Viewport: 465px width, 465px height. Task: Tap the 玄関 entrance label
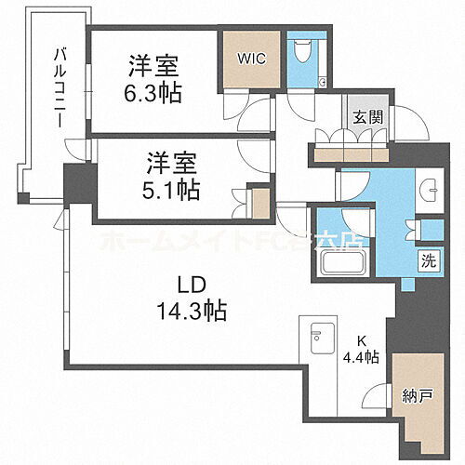363,118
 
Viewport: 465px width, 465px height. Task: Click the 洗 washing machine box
431,261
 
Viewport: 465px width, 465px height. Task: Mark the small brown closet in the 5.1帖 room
261,202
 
